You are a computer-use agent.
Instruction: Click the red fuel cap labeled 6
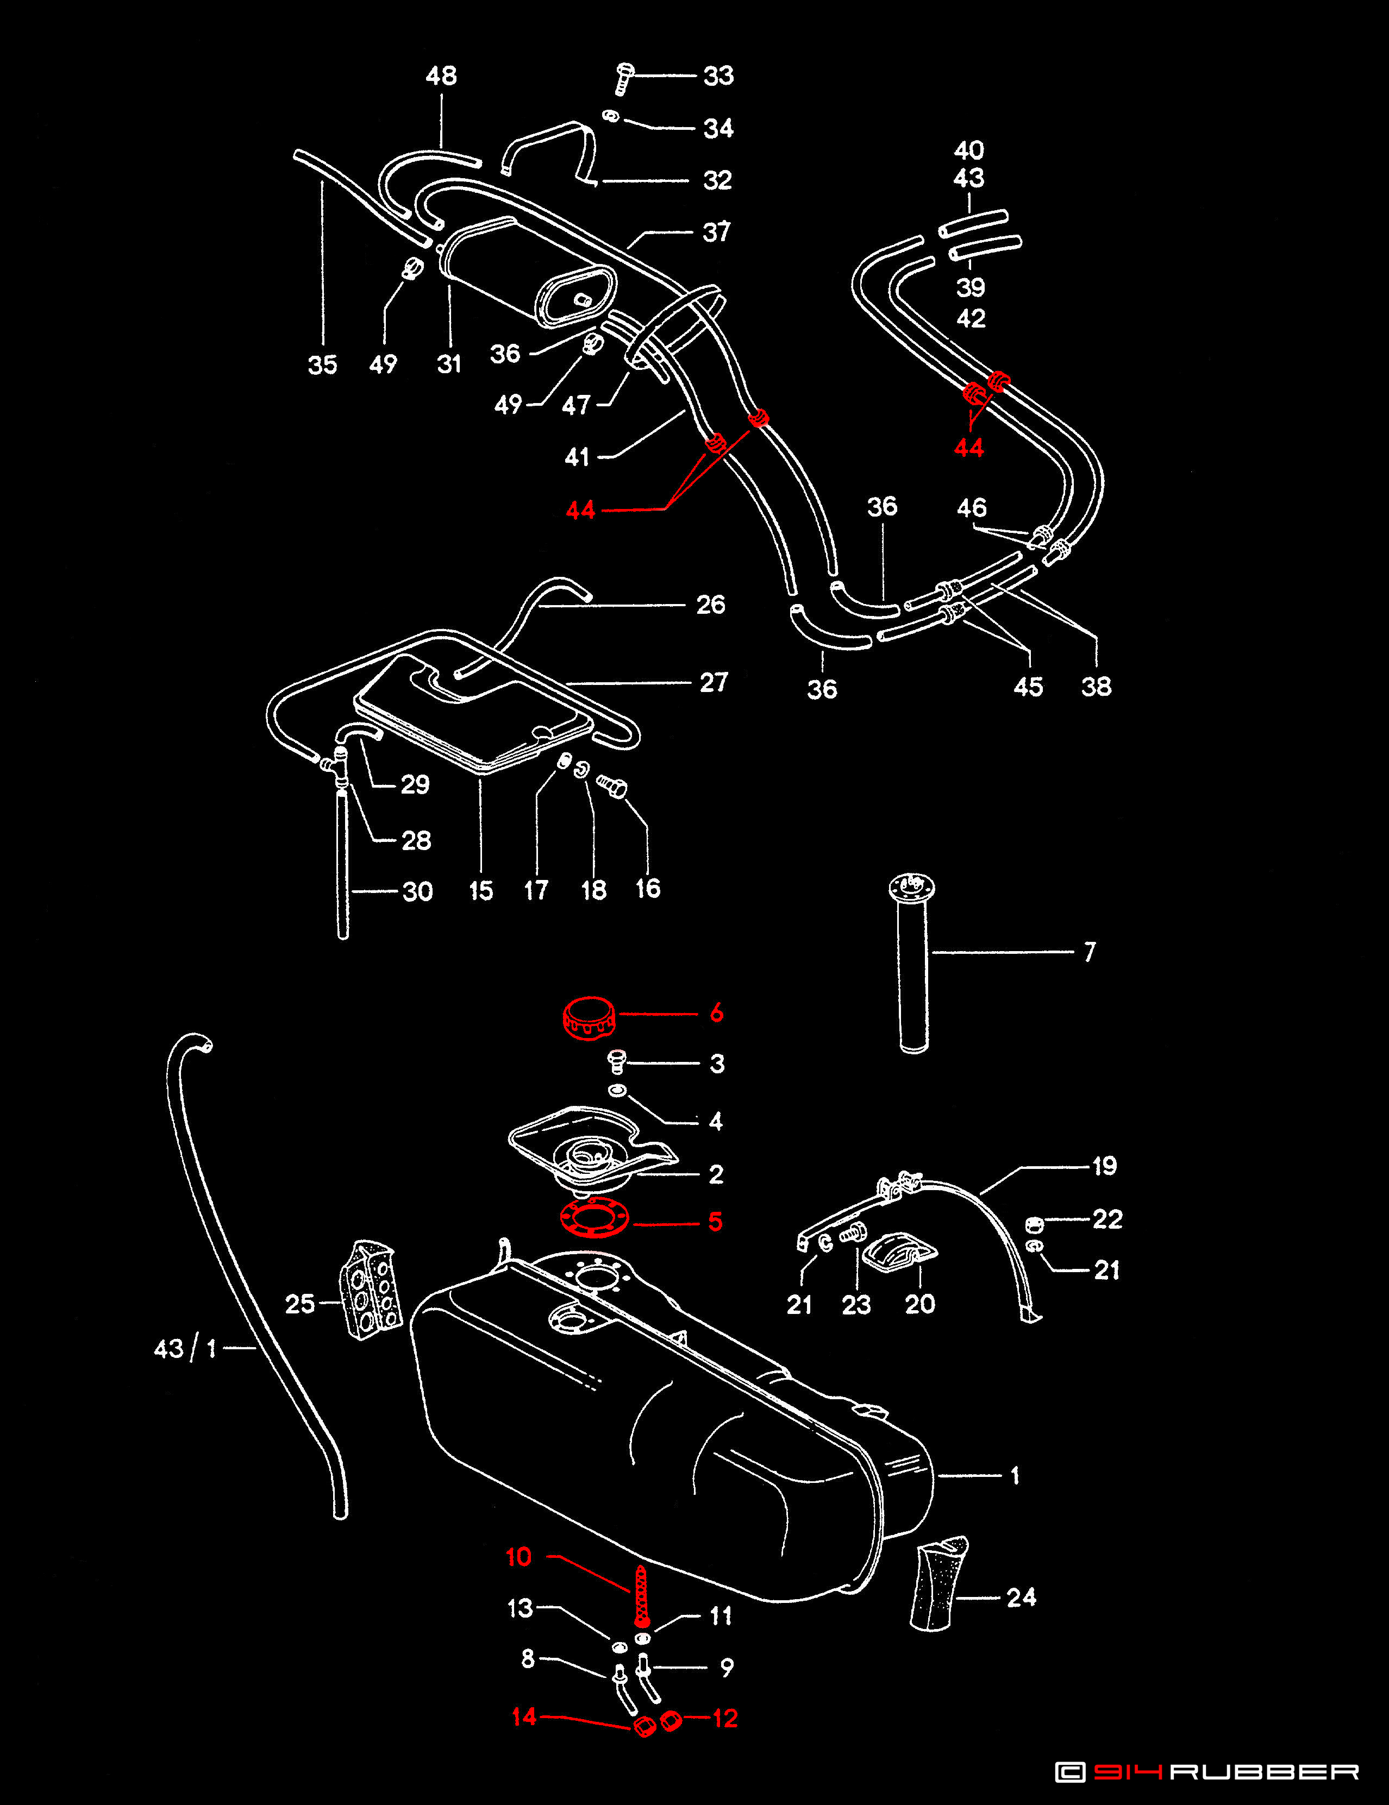click(589, 1016)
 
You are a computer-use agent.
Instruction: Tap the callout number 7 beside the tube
click(1089, 952)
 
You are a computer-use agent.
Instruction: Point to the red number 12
click(724, 1718)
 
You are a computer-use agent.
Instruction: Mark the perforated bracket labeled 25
click(371, 1290)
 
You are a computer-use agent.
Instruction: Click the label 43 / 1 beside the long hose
click(185, 1349)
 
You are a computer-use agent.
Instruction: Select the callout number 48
click(441, 76)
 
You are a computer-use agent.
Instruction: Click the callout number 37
click(716, 232)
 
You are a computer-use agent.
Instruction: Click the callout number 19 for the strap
click(1104, 1166)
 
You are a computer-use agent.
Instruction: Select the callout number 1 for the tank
click(1015, 1475)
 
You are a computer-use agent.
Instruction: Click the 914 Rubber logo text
click(1207, 1771)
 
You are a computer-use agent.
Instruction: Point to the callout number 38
click(1096, 686)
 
